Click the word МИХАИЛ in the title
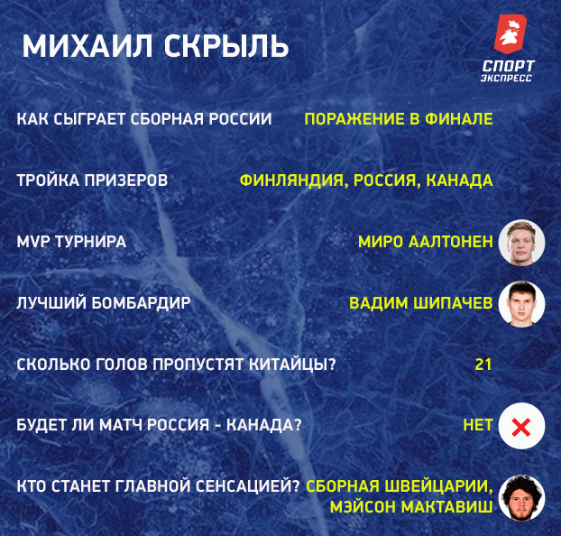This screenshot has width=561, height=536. coord(87,46)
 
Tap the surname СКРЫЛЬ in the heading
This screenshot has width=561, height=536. coord(226,46)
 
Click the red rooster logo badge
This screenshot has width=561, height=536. coord(510,34)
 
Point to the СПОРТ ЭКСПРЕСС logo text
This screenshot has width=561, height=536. coord(507,70)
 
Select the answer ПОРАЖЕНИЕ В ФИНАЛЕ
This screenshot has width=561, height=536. coord(399,119)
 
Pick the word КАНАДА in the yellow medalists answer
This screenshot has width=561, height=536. coord(459,180)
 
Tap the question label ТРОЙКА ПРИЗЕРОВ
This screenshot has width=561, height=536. coord(92,180)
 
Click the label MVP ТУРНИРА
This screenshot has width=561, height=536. coord(71,242)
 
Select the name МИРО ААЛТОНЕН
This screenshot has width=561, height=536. coord(426,242)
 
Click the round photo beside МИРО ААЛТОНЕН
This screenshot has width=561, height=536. coord(521,243)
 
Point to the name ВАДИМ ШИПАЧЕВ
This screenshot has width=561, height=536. coord(420,303)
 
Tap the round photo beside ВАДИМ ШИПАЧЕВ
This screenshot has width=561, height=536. coord(521,304)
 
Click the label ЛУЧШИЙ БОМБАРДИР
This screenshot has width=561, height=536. coord(104,303)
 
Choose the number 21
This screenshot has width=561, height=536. coord(483,365)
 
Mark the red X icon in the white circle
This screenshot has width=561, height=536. coord(521,427)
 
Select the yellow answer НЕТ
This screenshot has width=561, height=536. coord(478,425)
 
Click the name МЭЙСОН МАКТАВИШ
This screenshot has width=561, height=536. coord(411,506)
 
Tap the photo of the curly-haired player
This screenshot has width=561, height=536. coord(521,498)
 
